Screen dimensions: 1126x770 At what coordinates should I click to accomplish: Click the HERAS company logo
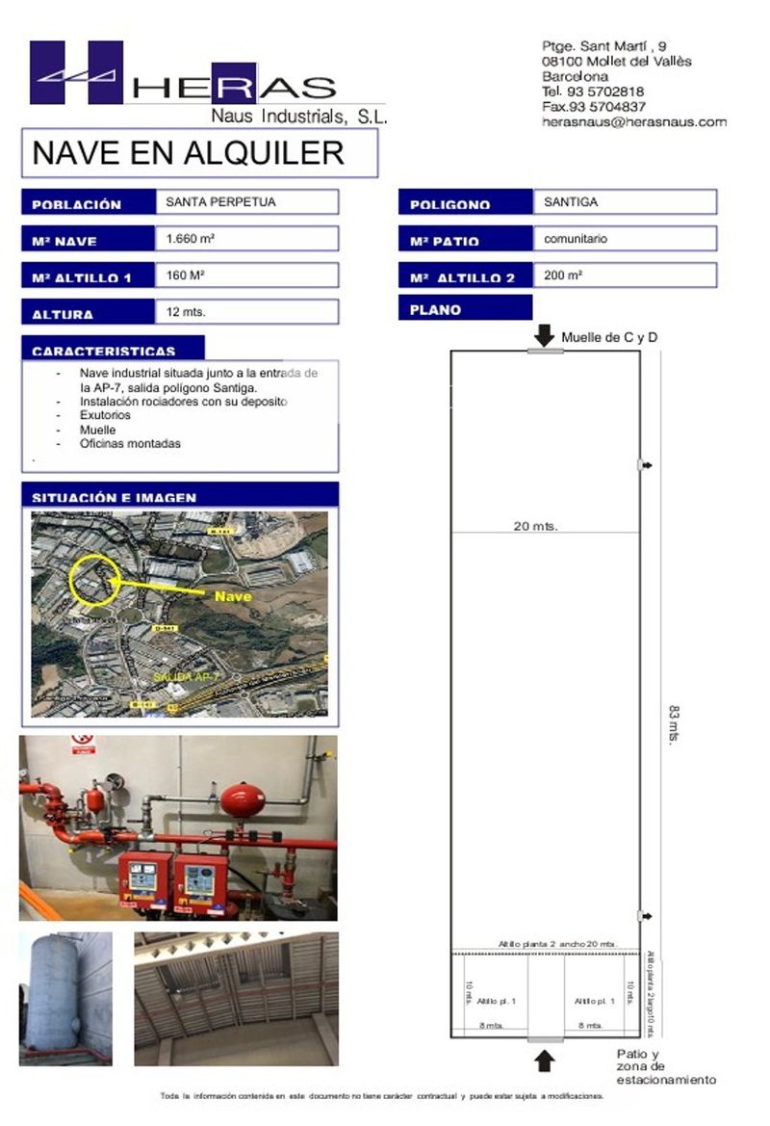[183, 77]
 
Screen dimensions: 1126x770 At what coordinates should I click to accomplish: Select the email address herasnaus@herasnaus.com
[633, 122]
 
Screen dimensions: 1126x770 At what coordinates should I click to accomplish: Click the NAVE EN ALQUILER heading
[188, 152]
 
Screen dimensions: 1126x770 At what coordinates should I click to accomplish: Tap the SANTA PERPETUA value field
[246, 202]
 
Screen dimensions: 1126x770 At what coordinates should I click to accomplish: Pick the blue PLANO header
[464, 309]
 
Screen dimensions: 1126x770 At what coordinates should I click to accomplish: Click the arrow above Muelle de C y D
[545, 335]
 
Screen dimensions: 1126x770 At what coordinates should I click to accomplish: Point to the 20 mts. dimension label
[536, 526]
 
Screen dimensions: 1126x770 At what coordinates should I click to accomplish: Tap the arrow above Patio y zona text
[545, 1061]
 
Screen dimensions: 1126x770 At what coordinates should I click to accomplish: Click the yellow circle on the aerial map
[94, 580]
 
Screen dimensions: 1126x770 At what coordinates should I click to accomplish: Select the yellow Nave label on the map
[233, 596]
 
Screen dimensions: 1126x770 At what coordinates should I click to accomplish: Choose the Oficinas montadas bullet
[131, 444]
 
